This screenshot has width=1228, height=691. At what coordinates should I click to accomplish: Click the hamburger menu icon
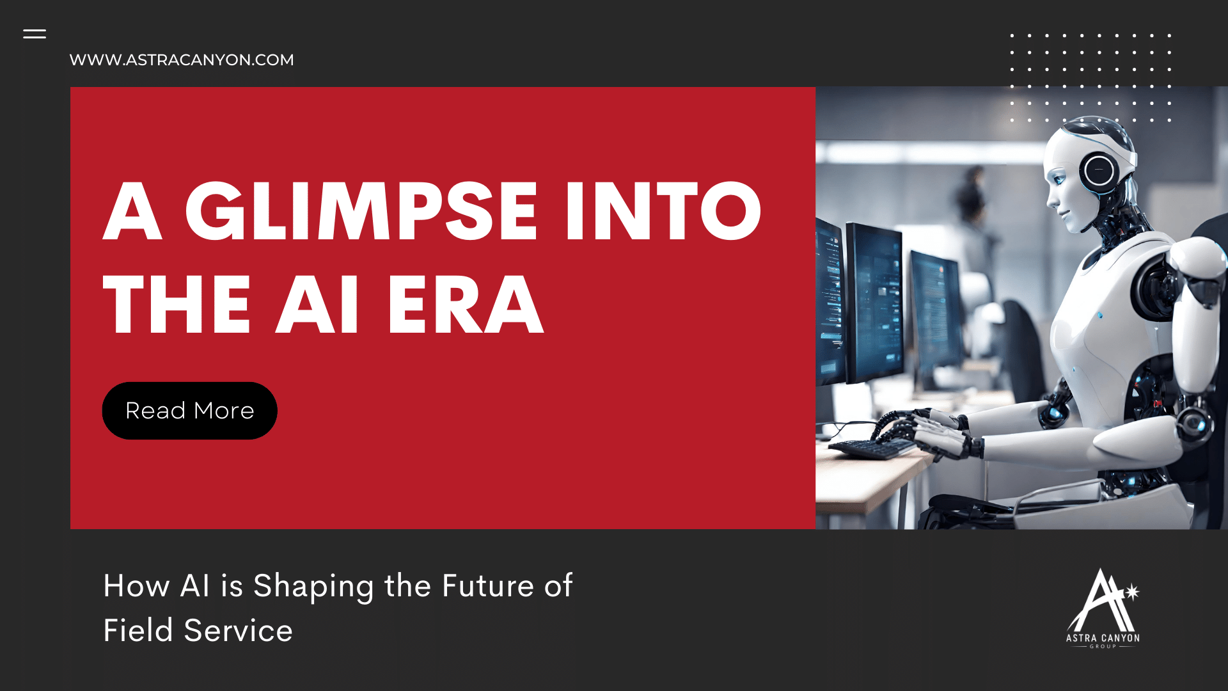click(35, 34)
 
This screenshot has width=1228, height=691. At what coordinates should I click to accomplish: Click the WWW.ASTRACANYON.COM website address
click(182, 60)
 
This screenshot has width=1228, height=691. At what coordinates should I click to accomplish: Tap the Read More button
click(189, 411)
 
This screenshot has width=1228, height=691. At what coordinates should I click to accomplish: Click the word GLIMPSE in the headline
click(361, 211)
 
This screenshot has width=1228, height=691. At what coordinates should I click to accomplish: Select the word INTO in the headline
click(663, 211)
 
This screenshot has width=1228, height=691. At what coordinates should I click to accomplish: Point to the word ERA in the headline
click(465, 305)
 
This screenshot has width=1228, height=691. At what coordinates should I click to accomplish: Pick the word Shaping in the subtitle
click(313, 586)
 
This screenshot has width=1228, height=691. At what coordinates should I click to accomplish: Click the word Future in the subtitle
click(487, 586)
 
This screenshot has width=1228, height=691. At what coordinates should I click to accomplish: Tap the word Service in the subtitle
click(238, 631)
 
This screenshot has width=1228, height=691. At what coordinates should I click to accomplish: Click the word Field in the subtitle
click(138, 631)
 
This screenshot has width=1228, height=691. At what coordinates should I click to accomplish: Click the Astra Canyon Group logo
click(1103, 608)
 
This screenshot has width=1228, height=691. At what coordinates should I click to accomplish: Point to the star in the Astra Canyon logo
click(1131, 592)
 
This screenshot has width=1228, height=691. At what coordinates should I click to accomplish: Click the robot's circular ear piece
click(1099, 170)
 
